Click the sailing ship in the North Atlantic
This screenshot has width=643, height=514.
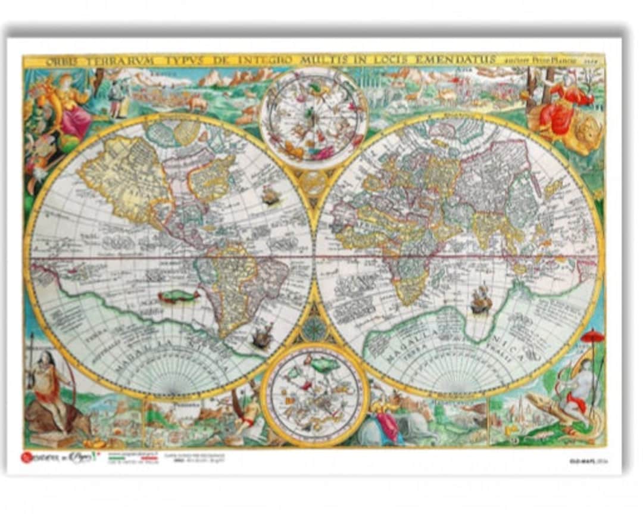click(271, 195)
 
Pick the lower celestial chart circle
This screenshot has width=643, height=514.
click(314, 395)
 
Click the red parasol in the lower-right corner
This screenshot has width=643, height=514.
click(592, 337)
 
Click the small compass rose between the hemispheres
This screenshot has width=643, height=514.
click(314, 328)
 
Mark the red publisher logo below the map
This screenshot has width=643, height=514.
click(26, 457)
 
